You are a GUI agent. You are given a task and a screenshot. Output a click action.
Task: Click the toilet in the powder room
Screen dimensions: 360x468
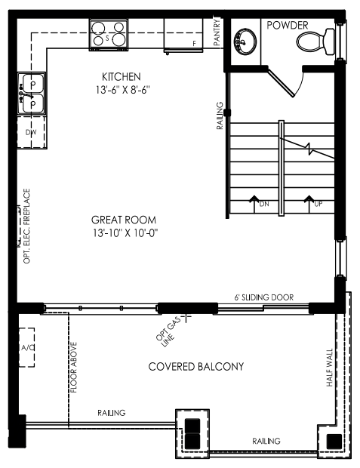tap(315, 42)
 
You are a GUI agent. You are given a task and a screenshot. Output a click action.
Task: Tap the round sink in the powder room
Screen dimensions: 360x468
tap(245, 42)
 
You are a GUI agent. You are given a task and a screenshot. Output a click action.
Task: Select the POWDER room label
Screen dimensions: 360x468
tap(287, 26)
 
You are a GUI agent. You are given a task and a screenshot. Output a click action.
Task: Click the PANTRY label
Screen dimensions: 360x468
tap(217, 32)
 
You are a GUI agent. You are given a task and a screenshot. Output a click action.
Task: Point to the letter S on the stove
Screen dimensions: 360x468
tap(107, 38)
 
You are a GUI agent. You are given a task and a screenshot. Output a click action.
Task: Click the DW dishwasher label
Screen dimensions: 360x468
tap(31, 132)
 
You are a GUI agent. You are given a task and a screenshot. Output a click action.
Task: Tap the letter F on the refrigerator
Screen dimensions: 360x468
tap(194, 44)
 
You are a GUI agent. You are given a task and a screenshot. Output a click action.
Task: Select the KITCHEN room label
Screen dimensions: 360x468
tap(122, 77)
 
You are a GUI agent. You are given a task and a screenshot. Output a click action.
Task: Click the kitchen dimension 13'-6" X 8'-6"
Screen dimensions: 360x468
tap(122, 90)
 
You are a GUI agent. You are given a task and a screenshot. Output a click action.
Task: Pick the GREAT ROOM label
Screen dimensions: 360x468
tap(124, 220)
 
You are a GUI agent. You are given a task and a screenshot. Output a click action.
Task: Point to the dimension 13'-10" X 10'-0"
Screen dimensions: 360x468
tap(125, 232)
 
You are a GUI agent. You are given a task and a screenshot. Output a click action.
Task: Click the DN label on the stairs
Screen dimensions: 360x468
tap(264, 204)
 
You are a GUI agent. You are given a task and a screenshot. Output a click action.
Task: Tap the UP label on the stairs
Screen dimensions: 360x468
tap(318, 204)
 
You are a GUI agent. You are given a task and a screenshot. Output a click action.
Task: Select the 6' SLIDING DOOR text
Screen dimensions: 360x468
tap(264, 297)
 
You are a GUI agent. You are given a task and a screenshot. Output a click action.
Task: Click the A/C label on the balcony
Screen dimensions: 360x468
tap(27, 348)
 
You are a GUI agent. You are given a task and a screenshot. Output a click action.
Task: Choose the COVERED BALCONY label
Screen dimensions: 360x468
tap(196, 367)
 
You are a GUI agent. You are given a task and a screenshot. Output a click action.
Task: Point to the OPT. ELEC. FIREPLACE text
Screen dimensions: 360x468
tap(26, 226)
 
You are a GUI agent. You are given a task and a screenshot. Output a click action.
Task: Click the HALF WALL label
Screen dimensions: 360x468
tap(330, 368)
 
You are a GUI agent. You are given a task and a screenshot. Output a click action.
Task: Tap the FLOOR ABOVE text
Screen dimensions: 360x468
tap(73, 368)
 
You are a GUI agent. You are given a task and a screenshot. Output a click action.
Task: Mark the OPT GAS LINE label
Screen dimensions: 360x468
tap(169, 331)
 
